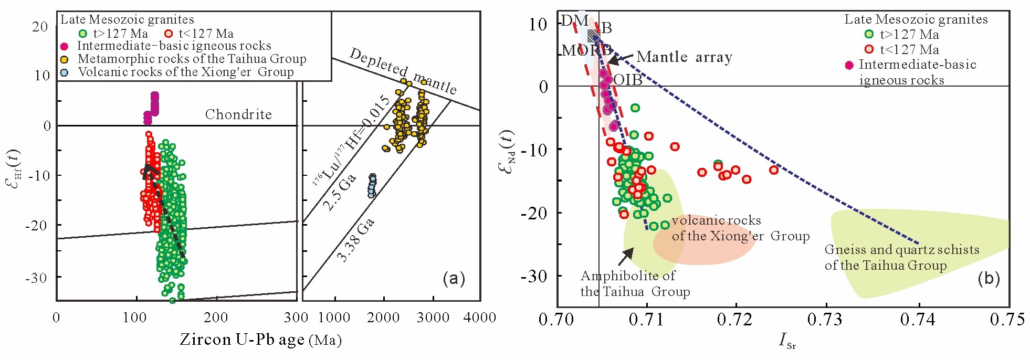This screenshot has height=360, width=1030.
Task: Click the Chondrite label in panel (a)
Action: pyautogui.click(x=238, y=114)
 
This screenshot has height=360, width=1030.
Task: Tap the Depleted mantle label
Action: pyautogui.click(x=403, y=70)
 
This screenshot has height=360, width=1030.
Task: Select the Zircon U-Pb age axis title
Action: pyautogui.click(x=261, y=340)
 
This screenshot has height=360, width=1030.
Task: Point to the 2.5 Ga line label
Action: pyautogui.click(x=339, y=192)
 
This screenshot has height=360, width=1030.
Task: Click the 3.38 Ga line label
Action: pyautogui.click(x=355, y=240)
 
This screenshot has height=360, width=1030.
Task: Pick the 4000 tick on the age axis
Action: pyautogui.click(x=480, y=317)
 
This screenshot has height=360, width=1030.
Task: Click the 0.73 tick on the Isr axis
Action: pyautogui.click(x=827, y=320)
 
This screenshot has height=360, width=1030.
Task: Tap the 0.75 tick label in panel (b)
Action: pyautogui.click(x=1007, y=320)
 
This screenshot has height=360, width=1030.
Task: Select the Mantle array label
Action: pyautogui.click(x=684, y=57)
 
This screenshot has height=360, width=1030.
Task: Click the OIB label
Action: pyautogui.click(x=628, y=80)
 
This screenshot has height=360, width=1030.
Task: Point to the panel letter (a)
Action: pyautogui.click(x=454, y=278)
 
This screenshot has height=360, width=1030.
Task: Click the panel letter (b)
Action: pyautogui.click(x=988, y=278)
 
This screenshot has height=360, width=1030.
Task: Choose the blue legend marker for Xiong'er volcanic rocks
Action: pyautogui.click(x=65, y=72)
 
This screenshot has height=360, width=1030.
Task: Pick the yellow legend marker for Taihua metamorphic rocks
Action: pyautogui.click(x=65, y=59)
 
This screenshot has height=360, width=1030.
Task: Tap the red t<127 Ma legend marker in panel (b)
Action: pyautogui.click(x=869, y=49)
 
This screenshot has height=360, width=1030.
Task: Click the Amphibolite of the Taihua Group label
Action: pyautogui.click(x=635, y=284)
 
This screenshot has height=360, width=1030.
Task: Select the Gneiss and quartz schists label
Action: pyautogui.click(x=901, y=257)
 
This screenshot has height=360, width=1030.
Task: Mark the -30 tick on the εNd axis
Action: pyautogui.click(x=534, y=276)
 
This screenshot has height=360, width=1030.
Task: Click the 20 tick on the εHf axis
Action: pyautogui.click(x=40, y=27)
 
